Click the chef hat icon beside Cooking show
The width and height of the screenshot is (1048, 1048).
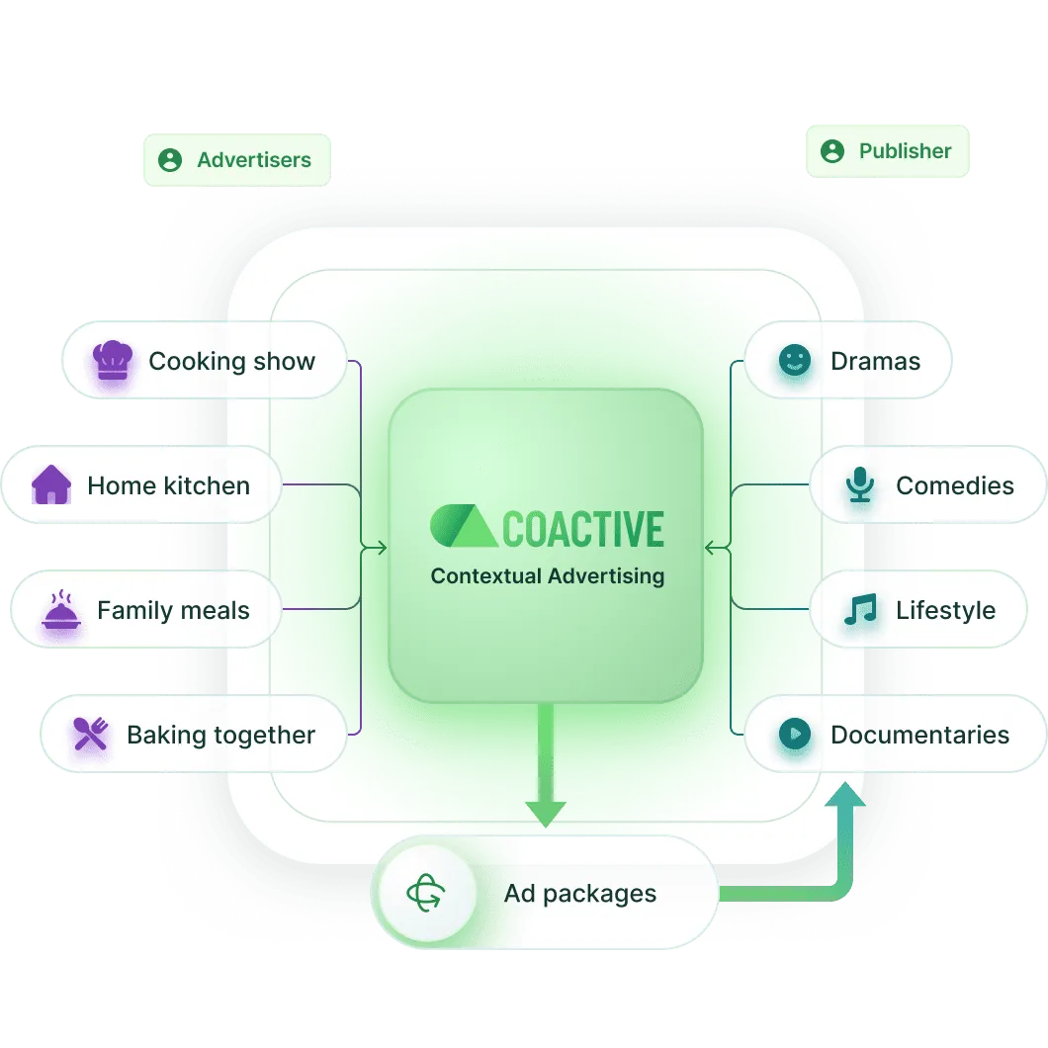(112, 361)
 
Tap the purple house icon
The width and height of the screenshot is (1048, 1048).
(51, 485)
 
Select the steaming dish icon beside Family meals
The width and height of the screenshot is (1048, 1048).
(60, 610)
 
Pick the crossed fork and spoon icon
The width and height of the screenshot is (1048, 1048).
(91, 735)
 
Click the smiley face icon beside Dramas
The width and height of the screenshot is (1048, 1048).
(793, 361)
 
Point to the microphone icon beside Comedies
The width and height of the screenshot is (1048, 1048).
(859, 485)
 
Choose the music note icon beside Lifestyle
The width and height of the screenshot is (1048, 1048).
(859, 610)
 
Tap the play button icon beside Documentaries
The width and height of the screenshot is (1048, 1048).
(794, 735)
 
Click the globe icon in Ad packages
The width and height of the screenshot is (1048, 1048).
(426, 894)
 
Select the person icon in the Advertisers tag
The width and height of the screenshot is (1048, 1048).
(170, 160)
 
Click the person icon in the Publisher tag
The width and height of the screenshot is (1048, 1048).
(832, 151)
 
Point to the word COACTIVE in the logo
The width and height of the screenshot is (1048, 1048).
(583, 529)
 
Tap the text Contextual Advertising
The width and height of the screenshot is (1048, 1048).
(547, 576)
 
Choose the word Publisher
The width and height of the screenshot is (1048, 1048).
(905, 151)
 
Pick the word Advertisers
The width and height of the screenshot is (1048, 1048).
(254, 160)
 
